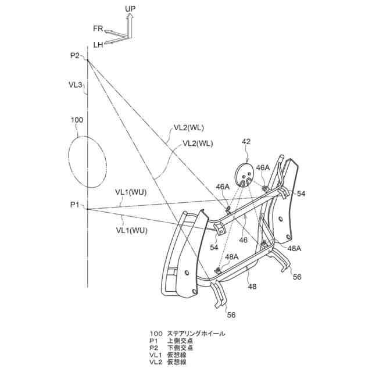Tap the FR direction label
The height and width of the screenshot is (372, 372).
point(98,28)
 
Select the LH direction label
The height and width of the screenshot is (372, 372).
point(98,44)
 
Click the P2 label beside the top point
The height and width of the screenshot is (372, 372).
point(74,55)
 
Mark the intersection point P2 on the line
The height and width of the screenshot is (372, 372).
point(88,59)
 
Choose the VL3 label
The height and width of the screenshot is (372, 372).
point(75,85)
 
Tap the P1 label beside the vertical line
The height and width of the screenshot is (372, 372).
point(74,205)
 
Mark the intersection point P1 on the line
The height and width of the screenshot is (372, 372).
point(88,209)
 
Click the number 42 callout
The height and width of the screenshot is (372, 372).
point(246,141)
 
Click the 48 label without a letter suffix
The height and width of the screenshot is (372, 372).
point(252,286)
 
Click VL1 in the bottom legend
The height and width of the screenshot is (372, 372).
point(155,355)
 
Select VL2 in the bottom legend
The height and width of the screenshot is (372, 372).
point(155,362)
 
